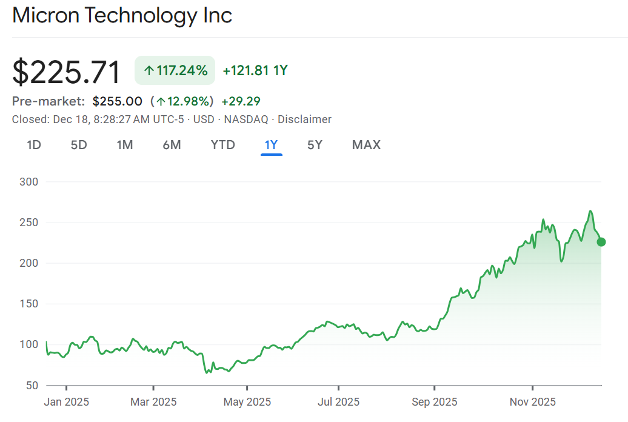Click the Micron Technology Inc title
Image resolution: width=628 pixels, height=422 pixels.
coord(122,15)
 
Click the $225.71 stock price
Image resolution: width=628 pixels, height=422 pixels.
coord(67,72)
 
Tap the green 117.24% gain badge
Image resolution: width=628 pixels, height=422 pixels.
coord(175,70)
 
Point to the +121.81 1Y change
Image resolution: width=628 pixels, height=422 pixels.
coord(255,70)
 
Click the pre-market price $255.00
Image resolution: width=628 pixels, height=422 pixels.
coord(118,101)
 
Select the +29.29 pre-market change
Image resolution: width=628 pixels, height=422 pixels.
coord(241,101)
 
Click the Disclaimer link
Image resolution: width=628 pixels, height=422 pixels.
coord(304,119)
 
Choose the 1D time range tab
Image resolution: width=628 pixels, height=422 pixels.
coord(34,145)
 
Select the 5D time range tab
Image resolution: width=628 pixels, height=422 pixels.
coord(79,145)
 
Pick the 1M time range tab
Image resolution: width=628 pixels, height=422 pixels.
coord(125,145)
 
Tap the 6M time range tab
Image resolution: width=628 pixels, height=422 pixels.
coord(172,145)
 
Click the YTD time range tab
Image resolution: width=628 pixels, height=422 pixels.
coord(222,145)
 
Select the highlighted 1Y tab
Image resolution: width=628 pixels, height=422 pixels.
coord(271,145)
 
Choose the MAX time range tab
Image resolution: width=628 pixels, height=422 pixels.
coord(366,145)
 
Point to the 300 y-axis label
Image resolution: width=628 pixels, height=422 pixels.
coord(28,182)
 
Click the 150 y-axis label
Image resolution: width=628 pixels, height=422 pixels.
coord(28,304)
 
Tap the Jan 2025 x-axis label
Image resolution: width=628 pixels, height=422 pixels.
coord(66,401)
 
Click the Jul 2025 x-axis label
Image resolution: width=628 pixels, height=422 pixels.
coord(338,401)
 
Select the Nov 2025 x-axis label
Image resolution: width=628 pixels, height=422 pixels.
coord(532,401)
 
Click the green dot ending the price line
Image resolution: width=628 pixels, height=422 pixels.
coord(601,242)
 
